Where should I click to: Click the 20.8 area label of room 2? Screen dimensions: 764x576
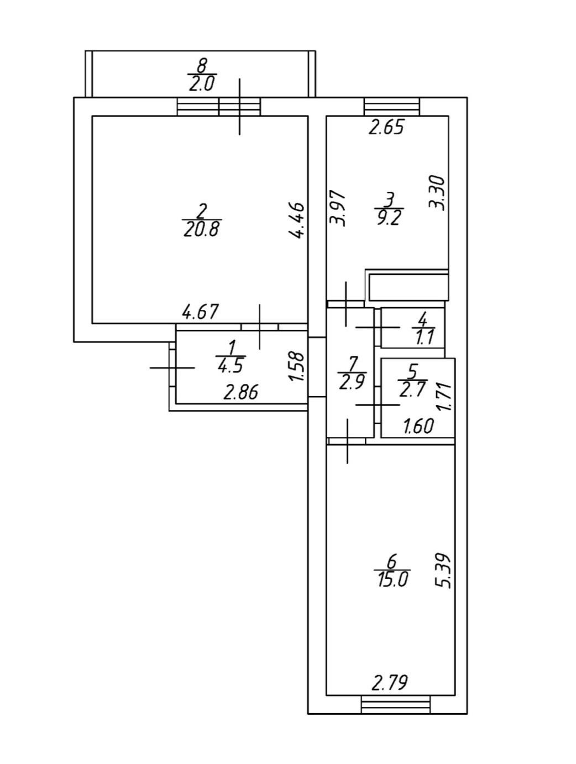coord(201,228)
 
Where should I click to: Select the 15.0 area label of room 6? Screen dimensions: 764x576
coord(391,579)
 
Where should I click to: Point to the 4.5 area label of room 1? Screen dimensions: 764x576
coord(231,366)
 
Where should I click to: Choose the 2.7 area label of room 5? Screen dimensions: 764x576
coord(412,389)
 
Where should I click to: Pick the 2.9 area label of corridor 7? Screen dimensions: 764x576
coord(352,382)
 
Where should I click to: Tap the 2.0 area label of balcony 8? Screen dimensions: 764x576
coord(202,84)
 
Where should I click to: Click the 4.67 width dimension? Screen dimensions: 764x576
coord(201,312)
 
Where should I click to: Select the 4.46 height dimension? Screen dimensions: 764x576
coord(297,220)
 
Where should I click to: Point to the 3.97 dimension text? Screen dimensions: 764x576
coord(337,208)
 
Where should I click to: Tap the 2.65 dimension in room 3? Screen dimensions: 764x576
coord(387,128)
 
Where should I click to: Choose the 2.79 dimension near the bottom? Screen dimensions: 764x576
coord(390,684)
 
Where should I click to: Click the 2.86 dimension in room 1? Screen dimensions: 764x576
coord(240,393)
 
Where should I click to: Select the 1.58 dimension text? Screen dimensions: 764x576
coord(297,366)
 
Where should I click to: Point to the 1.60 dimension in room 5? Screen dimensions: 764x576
coord(418,426)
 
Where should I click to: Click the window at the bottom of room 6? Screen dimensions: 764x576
coord(395,705)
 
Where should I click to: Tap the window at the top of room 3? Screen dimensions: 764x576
coord(391,106)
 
